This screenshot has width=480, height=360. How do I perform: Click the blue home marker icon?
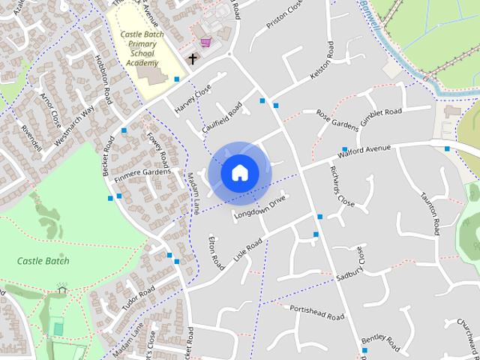[x=239, y=172]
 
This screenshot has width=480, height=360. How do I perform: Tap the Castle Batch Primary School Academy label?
[x=142, y=48]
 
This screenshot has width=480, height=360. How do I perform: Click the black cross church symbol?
[x=192, y=58]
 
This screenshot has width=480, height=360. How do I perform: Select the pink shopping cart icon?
[x=205, y=43]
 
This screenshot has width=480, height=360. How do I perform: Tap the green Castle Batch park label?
[x=43, y=261]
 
